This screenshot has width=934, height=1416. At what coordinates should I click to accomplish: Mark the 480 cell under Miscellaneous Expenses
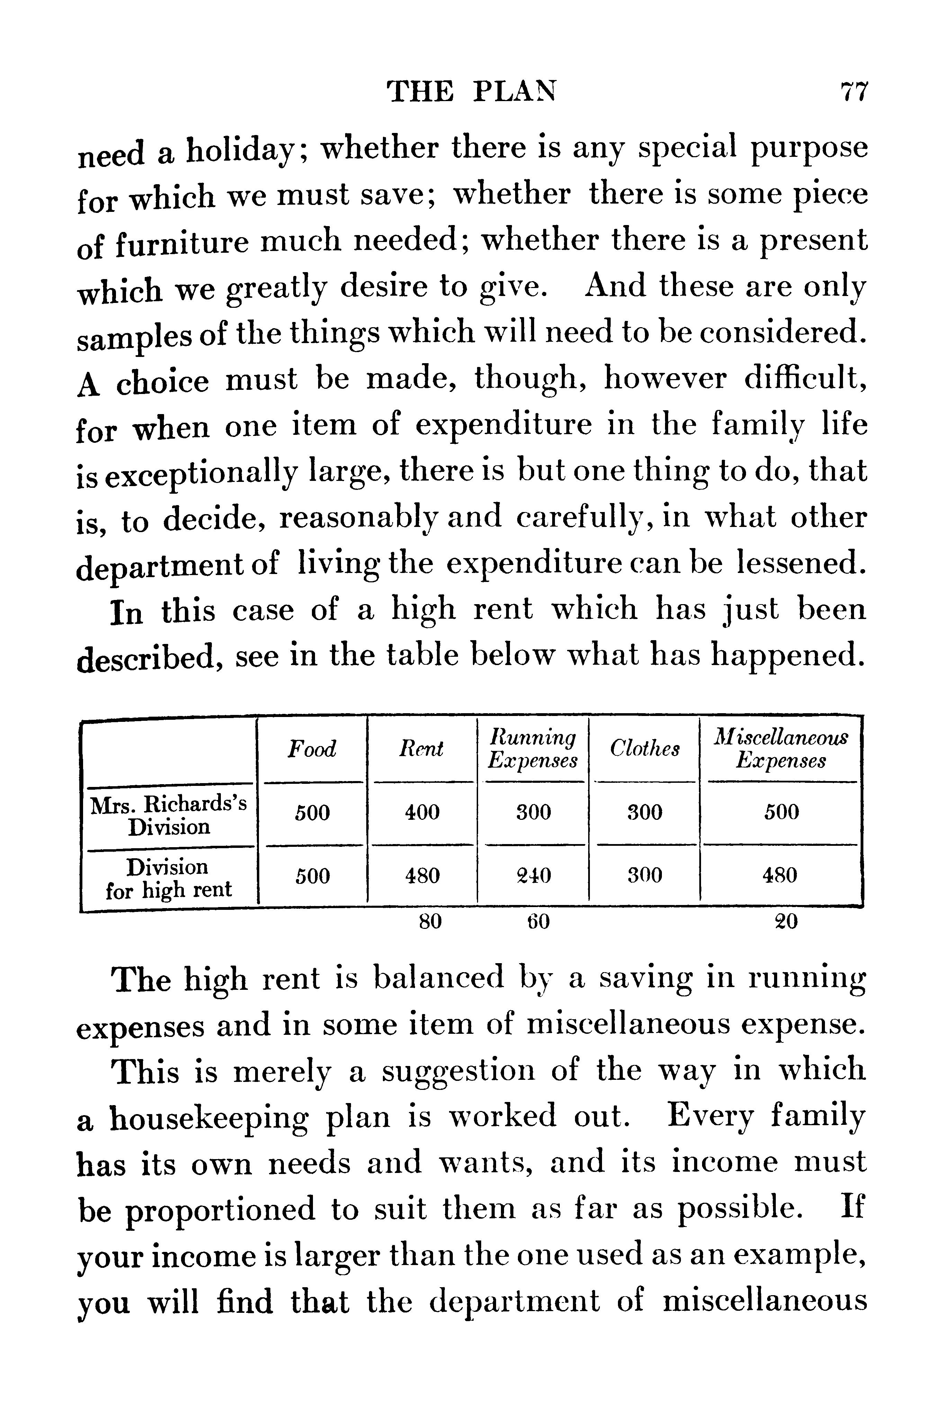tap(781, 876)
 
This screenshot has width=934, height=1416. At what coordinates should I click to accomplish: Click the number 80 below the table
tap(430, 922)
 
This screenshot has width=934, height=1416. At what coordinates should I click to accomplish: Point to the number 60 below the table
tap(538, 922)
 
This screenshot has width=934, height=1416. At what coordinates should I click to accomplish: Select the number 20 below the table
tap(786, 922)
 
